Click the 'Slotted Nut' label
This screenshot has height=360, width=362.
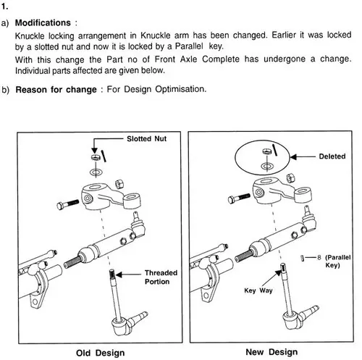pyautogui.click(x=146, y=139)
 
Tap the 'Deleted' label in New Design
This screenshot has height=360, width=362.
pyautogui.click(x=332, y=156)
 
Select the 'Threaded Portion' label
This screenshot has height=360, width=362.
pyautogui.click(x=161, y=277)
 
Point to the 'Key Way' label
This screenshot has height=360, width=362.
pyautogui.click(x=258, y=290)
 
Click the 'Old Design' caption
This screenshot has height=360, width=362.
pyautogui.click(x=101, y=353)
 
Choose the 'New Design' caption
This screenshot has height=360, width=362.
pyautogui.click(x=271, y=352)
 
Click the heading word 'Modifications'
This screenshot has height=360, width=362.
pyautogui.click(x=43, y=22)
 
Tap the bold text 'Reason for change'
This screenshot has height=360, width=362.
pyautogui.click(x=56, y=90)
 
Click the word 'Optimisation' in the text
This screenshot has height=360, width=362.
pyautogui.click(x=181, y=89)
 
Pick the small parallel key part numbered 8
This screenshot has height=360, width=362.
pyautogui.click(x=302, y=258)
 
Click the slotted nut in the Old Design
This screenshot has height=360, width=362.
pyautogui.click(x=96, y=157)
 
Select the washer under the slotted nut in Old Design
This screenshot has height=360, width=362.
pyautogui.click(x=96, y=172)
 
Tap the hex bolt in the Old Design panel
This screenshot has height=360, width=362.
pyautogui.click(x=68, y=204)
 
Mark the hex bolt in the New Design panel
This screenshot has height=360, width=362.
pyautogui.click(x=239, y=198)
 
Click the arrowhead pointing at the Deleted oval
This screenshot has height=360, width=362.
pyautogui.click(x=293, y=157)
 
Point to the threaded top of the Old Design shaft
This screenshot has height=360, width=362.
pyautogui.click(x=111, y=274)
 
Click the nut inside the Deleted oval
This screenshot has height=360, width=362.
pyautogui.click(x=267, y=151)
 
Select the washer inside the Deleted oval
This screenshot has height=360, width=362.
pyautogui.click(x=267, y=166)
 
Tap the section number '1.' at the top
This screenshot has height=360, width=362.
pyautogui.click(x=4, y=7)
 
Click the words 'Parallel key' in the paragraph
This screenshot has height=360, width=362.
pyautogui.click(x=199, y=46)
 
